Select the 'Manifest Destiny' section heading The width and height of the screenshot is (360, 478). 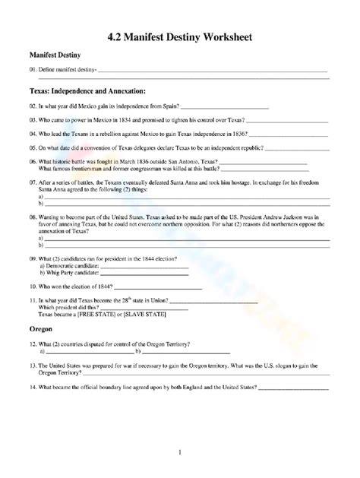[x=60, y=56]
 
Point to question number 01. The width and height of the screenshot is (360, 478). [x=33, y=70]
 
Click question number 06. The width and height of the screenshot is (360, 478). [x=33, y=163]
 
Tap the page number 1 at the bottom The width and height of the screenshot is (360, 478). [x=179, y=454]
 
